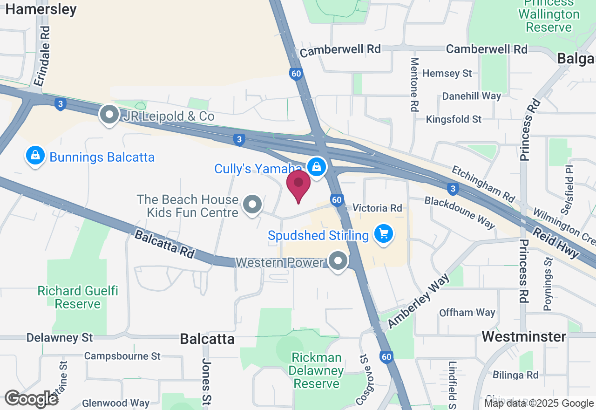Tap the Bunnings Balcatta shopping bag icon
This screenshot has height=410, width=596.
point(35,157)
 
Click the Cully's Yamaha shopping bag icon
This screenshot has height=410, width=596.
point(317,166)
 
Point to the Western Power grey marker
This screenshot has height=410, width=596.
point(338,261)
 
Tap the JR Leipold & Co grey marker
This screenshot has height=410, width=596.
point(110,115)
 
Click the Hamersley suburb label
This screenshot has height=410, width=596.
point(41,9)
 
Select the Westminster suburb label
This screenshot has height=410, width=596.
point(524,336)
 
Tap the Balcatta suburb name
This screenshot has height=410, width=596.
point(207,339)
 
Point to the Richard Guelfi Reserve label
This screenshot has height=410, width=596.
point(78,297)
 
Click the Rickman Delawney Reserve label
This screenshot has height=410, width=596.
point(317,370)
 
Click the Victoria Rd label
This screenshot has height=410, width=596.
point(377,208)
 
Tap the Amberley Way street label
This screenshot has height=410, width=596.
point(419,300)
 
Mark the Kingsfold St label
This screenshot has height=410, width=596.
point(454,120)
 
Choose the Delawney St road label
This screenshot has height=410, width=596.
point(60,337)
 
